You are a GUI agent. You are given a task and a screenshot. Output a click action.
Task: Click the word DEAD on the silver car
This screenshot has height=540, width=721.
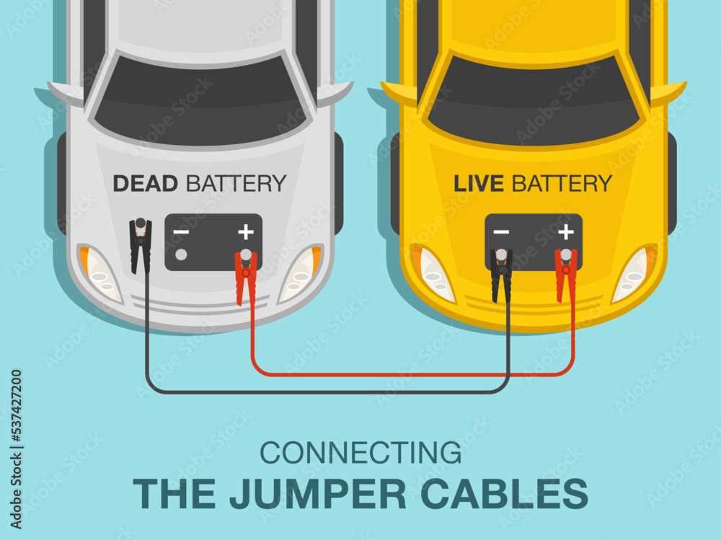[x=145, y=183]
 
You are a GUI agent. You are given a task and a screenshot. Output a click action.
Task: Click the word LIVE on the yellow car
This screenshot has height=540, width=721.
[x=479, y=183]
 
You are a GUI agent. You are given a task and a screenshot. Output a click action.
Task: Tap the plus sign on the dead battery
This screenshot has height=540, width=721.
[x=246, y=232]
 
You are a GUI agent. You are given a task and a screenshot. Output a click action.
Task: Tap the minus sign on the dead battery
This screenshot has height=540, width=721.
[x=181, y=232]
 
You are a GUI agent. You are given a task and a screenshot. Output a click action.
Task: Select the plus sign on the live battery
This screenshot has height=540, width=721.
[x=566, y=232]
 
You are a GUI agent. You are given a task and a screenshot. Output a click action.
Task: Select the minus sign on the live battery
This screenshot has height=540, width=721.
[x=501, y=232]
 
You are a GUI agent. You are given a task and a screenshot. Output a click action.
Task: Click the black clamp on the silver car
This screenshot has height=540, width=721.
[x=141, y=245]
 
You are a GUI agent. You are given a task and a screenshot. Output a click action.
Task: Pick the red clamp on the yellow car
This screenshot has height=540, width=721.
[x=566, y=274]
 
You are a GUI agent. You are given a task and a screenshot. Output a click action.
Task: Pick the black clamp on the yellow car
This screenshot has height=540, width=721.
[x=501, y=274]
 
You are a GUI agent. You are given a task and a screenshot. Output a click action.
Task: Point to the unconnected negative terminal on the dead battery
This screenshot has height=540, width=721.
[x=181, y=254]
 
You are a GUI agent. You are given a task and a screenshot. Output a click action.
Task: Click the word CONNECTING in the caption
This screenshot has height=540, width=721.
[x=360, y=453]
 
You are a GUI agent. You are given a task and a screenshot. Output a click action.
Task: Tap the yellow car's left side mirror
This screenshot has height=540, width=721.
[x=399, y=93]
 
